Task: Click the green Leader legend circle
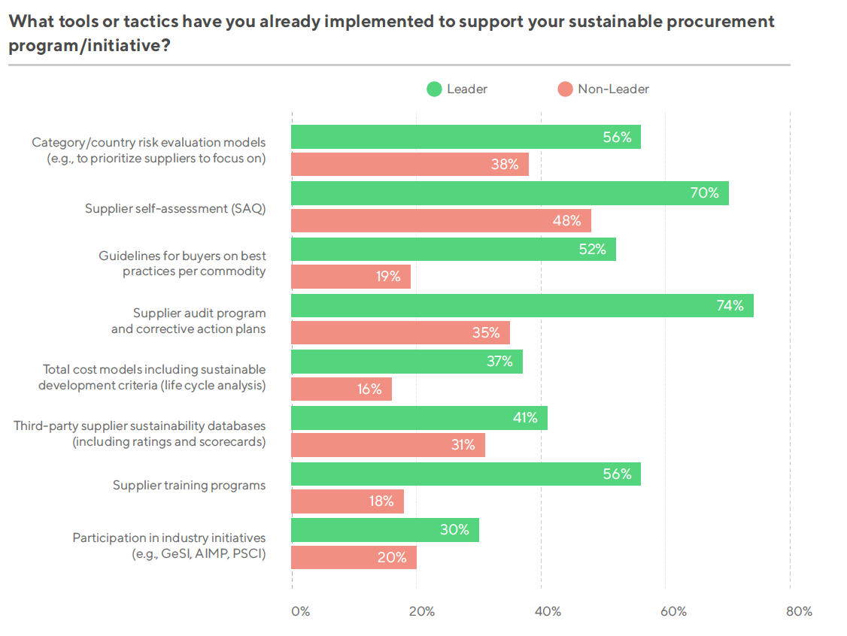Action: pos(434,89)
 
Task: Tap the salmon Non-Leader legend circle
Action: pos(565,89)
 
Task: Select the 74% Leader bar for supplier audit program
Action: pos(522,305)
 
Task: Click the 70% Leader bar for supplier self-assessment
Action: pos(509,193)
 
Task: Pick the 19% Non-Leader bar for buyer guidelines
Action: pos(351,277)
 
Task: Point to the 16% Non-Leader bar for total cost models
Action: pos(342,389)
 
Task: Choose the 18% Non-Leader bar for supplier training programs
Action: pos(348,501)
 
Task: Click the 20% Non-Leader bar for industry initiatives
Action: pos(354,557)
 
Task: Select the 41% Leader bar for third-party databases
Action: pos(419,417)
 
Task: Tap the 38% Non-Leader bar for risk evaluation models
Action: pos(410,165)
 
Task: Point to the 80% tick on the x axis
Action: pos(798,611)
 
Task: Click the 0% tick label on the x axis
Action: pos(300,611)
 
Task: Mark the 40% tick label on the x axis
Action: pos(548,611)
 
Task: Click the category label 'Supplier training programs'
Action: pos(189,485)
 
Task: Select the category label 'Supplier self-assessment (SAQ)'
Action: pos(175,209)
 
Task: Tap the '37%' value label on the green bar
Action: pos(499,362)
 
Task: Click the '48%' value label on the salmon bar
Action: pos(567,221)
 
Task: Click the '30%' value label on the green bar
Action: pos(455,530)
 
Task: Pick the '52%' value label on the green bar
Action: pos(592,250)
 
